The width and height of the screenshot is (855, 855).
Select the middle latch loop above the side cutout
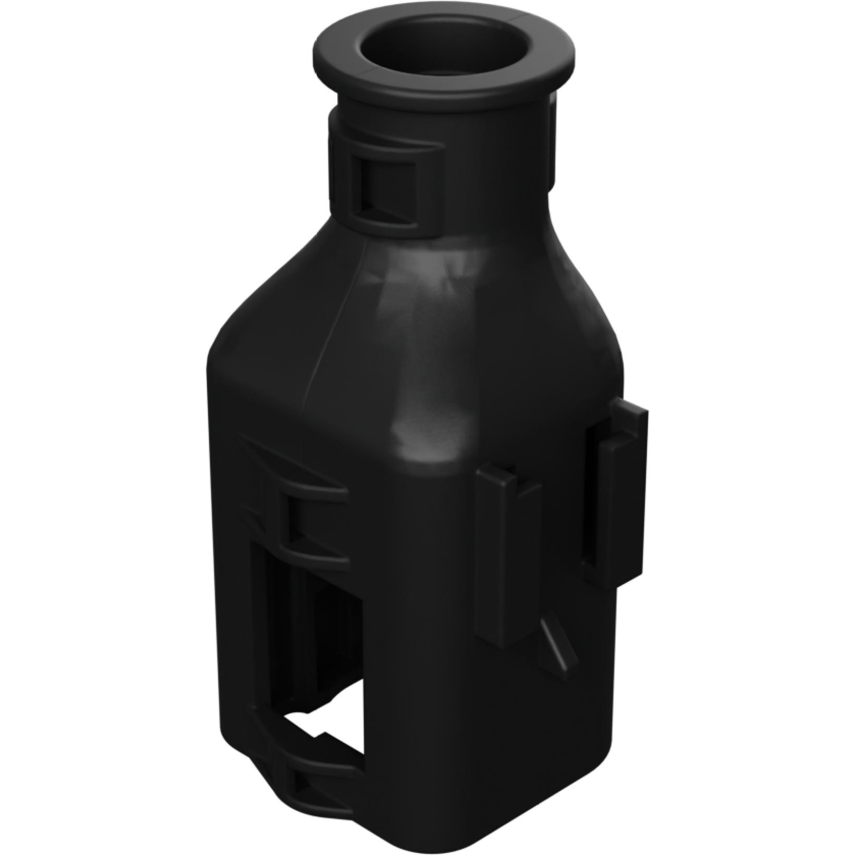click(x=308, y=527)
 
